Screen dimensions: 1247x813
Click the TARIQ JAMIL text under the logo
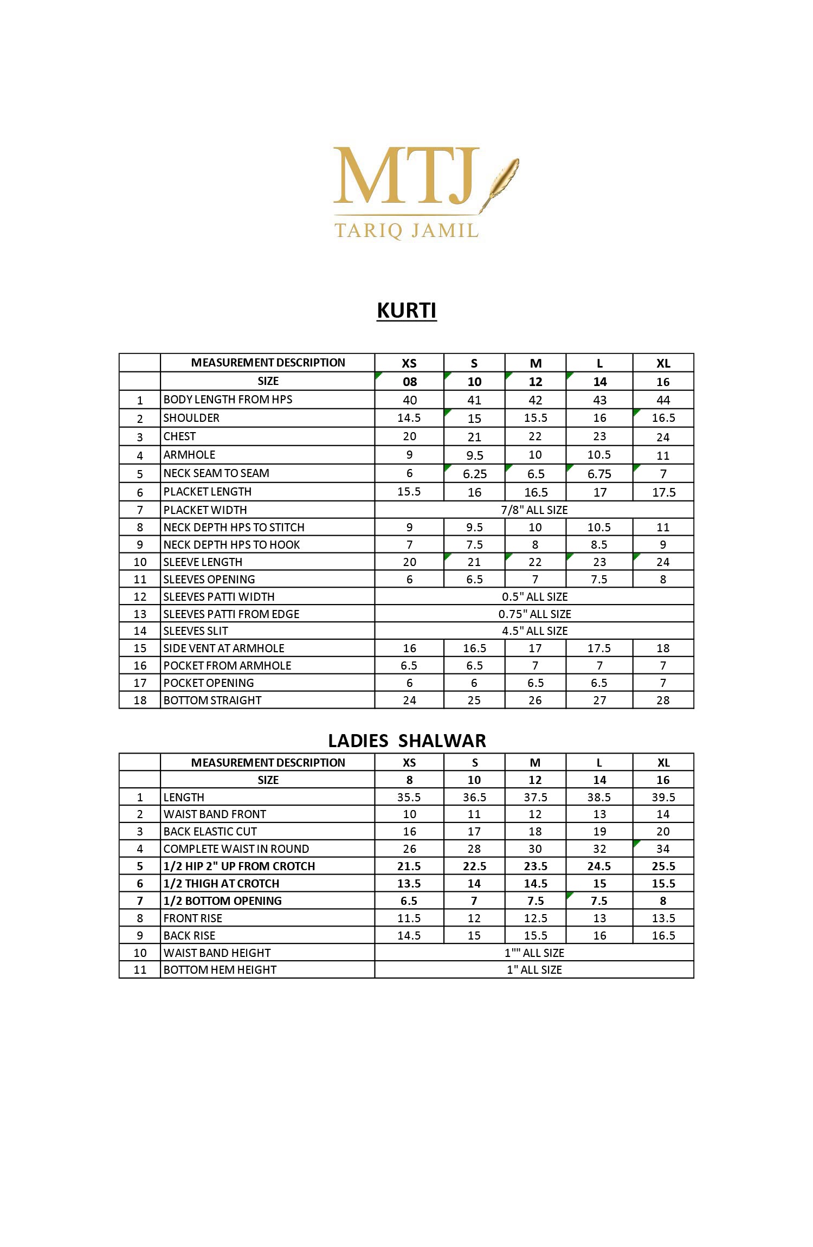click(x=406, y=230)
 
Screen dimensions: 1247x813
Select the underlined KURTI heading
click(x=406, y=311)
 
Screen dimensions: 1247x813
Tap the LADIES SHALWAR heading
click(x=406, y=741)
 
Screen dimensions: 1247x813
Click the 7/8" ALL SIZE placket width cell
click(x=534, y=510)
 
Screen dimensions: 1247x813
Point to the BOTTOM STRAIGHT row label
click(x=212, y=700)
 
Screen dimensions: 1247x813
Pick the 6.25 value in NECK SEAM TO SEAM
click(x=475, y=474)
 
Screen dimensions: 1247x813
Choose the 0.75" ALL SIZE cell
click(x=534, y=614)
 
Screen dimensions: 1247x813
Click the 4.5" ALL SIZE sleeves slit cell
click(x=534, y=631)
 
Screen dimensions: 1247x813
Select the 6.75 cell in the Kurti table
click(x=599, y=474)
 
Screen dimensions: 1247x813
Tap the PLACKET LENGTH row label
click(x=208, y=492)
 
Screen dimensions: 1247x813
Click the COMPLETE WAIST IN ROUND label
click(x=236, y=849)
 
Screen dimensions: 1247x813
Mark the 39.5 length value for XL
click(x=663, y=797)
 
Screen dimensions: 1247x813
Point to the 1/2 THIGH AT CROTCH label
click(x=221, y=883)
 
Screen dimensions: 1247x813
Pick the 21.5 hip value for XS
click(x=409, y=866)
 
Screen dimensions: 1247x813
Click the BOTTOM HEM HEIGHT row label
click(x=220, y=969)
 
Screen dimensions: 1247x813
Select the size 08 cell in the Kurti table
click(x=410, y=382)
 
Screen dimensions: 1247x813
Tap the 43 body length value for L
click(x=599, y=400)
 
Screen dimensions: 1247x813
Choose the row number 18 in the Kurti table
click(x=140, y=700)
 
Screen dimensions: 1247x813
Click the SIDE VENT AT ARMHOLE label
click(x=224, y=648)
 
